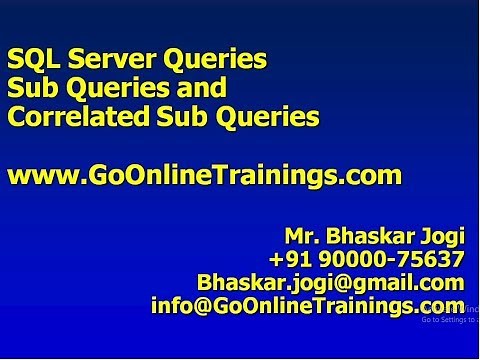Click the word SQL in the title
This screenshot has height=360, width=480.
tap(32, 59)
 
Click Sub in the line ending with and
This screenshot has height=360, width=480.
tap(31, 88)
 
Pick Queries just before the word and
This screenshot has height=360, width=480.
tap(112, 90)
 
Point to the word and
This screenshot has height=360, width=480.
tap(200, 88)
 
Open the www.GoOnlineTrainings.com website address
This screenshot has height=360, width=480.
tap(204, 176)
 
